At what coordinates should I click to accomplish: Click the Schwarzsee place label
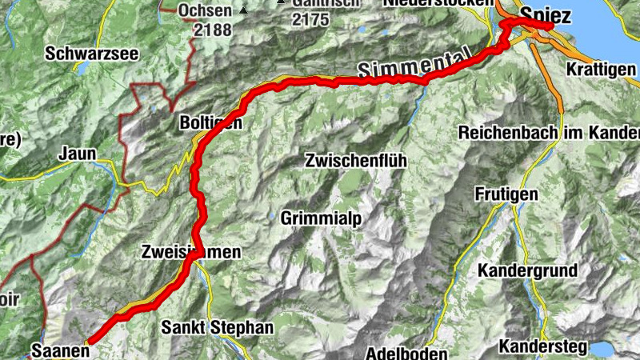click(x=92, y=54)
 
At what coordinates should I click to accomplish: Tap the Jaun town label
click(x=77, y=153)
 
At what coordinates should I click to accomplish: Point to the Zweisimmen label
click(x=190, y=252)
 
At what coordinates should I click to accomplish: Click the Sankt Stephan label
click(x=217, y=327)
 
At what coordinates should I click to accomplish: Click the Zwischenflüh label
click(x=356, y=160)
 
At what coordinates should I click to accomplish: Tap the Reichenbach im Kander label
click(x=549, y=132)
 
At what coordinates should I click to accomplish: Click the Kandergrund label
click(x=527, y=270)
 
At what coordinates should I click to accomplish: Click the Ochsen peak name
click(x=206, y=11)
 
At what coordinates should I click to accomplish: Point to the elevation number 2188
click(x=211, y=30)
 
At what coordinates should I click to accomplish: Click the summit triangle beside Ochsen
click(x=243, y=10)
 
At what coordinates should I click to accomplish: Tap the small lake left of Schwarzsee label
click(x=82, y=70)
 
